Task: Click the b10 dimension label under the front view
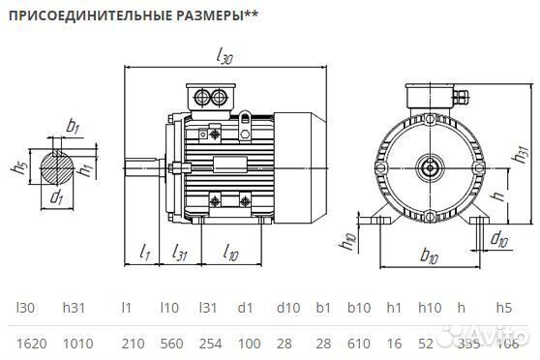[429, 255]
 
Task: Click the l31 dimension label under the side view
[179, 253]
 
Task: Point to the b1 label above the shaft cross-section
[74, 125]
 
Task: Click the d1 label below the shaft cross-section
[56, 197]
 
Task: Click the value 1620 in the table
[28, 342]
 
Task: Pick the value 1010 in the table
[77, 342]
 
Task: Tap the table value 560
[170, 342]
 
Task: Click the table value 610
[359, 342]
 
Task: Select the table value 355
[467, 342]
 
